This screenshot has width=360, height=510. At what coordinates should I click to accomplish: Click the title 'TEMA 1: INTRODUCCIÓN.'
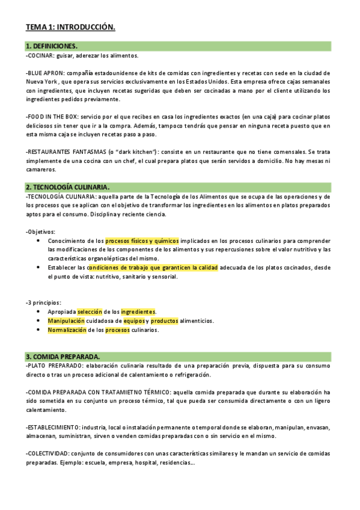coord(70,27)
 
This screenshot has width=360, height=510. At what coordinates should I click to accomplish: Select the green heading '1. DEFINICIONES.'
coord(52,46)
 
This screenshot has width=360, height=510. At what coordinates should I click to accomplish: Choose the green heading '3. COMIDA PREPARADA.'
coord(63,357)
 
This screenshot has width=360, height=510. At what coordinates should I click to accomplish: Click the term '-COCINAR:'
coord(40,55)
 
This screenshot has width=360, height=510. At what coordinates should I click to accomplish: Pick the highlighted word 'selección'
coord(90,312)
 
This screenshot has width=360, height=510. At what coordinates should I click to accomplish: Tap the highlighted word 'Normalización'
coord(67,330)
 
